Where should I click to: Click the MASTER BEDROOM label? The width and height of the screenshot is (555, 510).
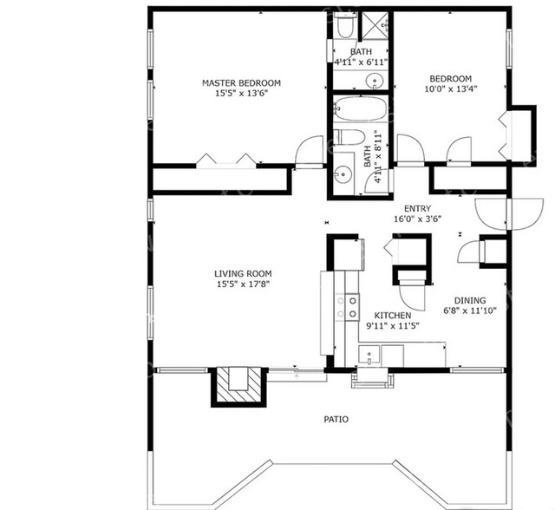click(241, 83)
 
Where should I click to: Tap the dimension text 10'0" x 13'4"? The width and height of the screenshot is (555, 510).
click(449, 88)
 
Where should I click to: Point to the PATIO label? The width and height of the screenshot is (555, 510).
click(336, 420)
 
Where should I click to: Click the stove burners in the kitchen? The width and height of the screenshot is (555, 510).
click(353, 306)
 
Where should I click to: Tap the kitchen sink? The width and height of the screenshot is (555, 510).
click(370, 355)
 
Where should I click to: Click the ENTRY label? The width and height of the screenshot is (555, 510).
click(418, 208)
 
